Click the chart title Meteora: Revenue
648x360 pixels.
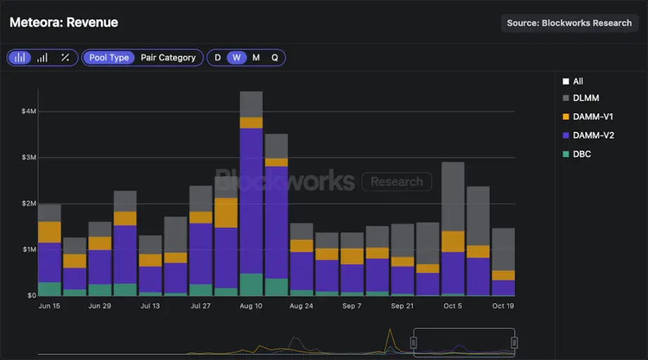[x=64, y=22]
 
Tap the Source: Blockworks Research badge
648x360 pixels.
[x=569, y=23]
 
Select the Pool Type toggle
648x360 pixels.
[x=109, y=58]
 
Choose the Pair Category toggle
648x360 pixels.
[x=168, y=58]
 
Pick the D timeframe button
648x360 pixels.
[x=218, y=58]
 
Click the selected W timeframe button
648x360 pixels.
[x=237, y=58]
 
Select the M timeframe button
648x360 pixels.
[x=256, y=58]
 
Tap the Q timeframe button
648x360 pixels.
[x=275, y=58]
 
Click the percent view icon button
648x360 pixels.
[x=65, y=58]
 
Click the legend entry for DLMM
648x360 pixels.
[x=585, y=98]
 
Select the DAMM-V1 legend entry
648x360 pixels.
[x=592, y=117]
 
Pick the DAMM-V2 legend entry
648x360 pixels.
[x=593, y=135]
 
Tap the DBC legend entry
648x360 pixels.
[x=581, y=153]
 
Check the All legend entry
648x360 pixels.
[x=578, y=82]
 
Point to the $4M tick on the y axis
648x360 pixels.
[x=29, y=111]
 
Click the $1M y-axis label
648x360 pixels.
[x=29, y=250]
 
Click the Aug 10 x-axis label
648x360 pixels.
[x=251, y=306]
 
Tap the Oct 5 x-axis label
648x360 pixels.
[x=453, y=306]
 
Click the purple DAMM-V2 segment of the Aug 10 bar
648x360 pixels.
[x=251, y=200]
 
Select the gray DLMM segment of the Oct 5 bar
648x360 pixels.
[x=453, y=196]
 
